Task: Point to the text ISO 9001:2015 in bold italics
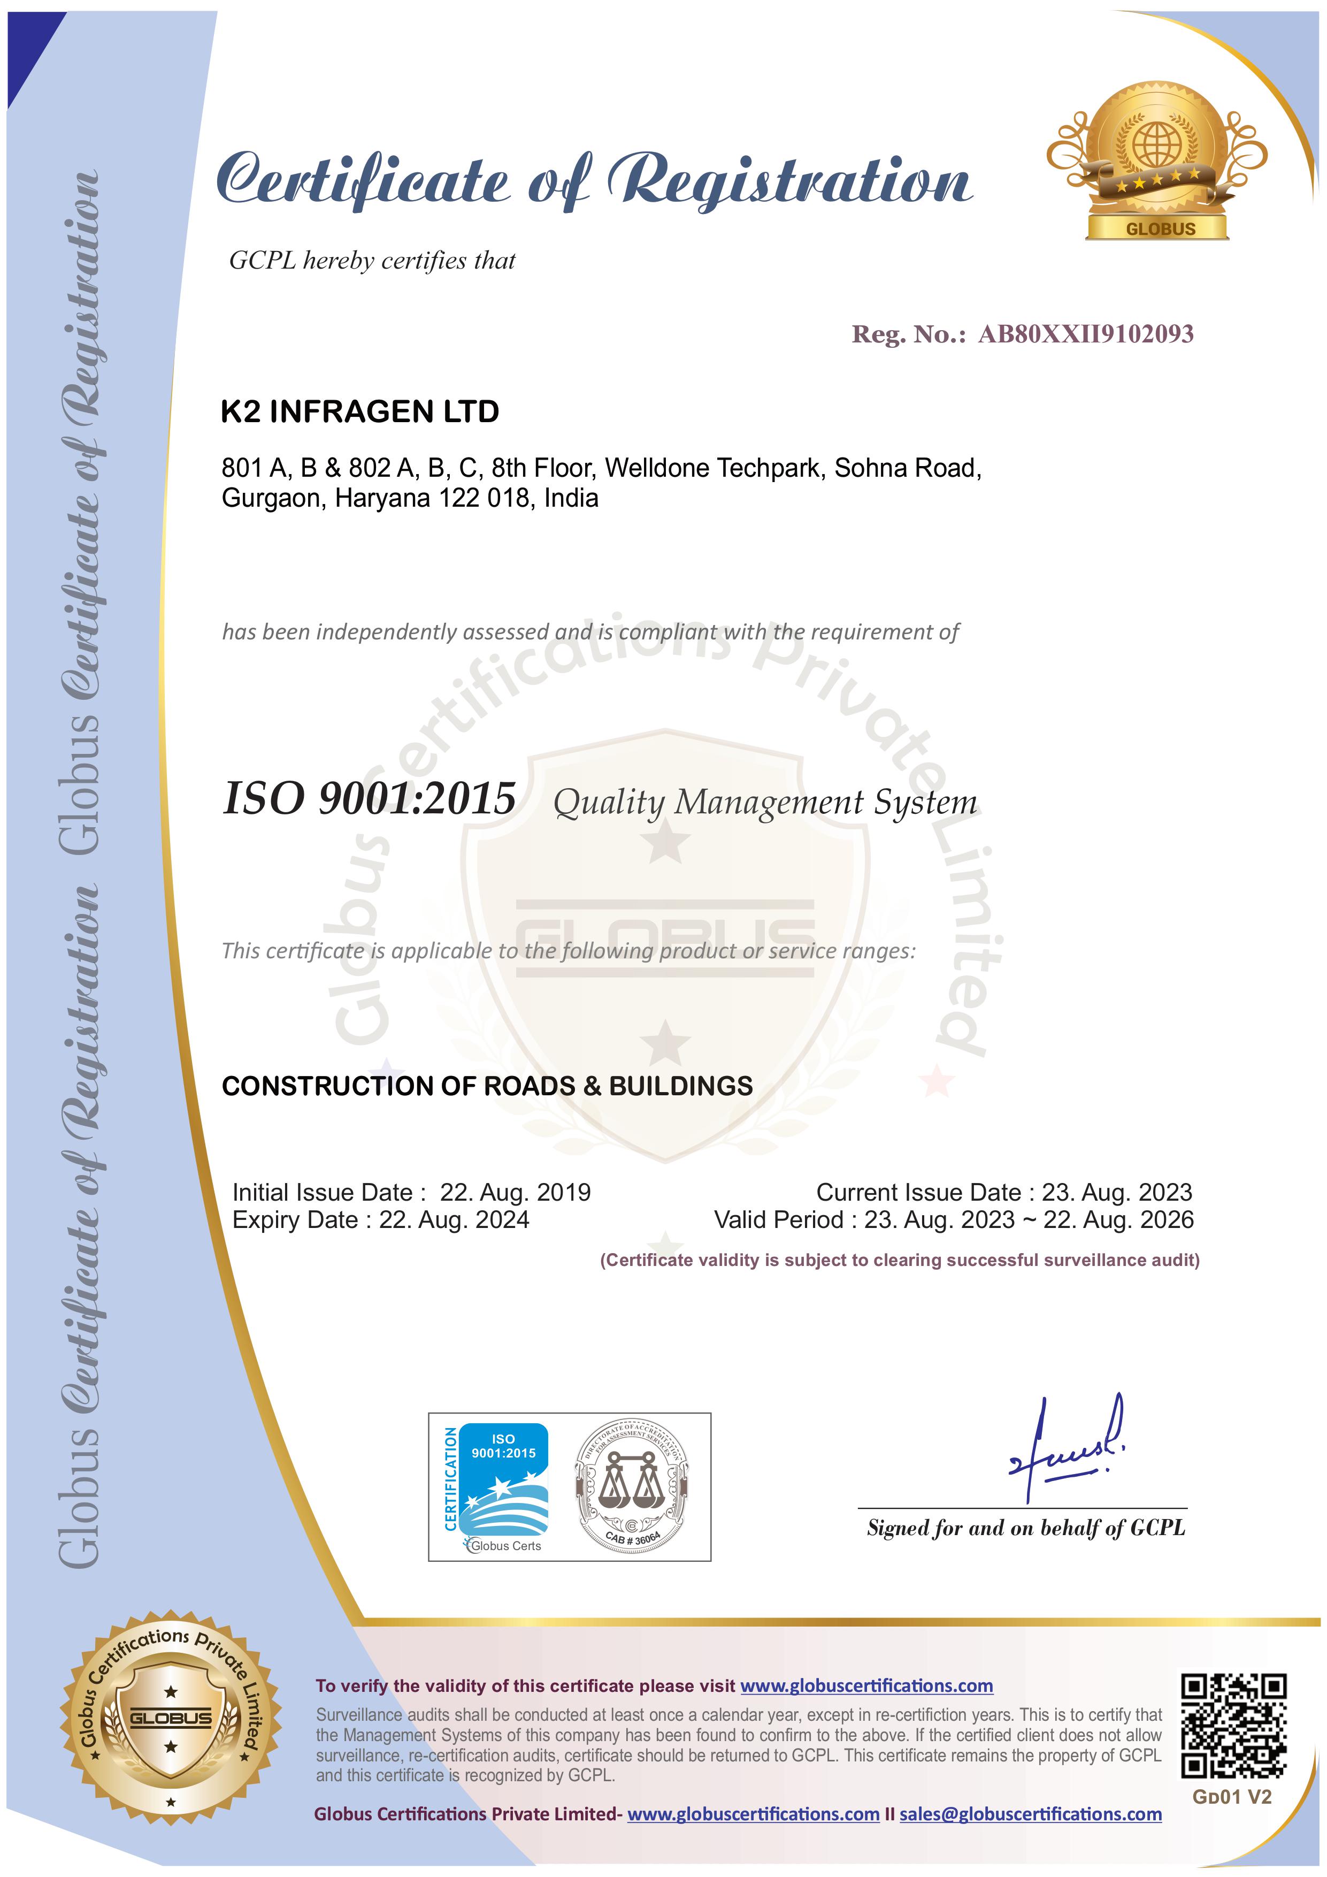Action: pos(370,799)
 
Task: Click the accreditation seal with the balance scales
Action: pos(632,1486)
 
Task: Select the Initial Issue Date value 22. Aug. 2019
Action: pos(515,1192)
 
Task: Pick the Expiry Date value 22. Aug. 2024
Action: pos(454,1220)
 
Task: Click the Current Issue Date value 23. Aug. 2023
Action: pos(1116,1192)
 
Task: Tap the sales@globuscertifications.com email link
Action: pos(1030,1814)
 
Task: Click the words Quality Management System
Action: pos(765,803)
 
